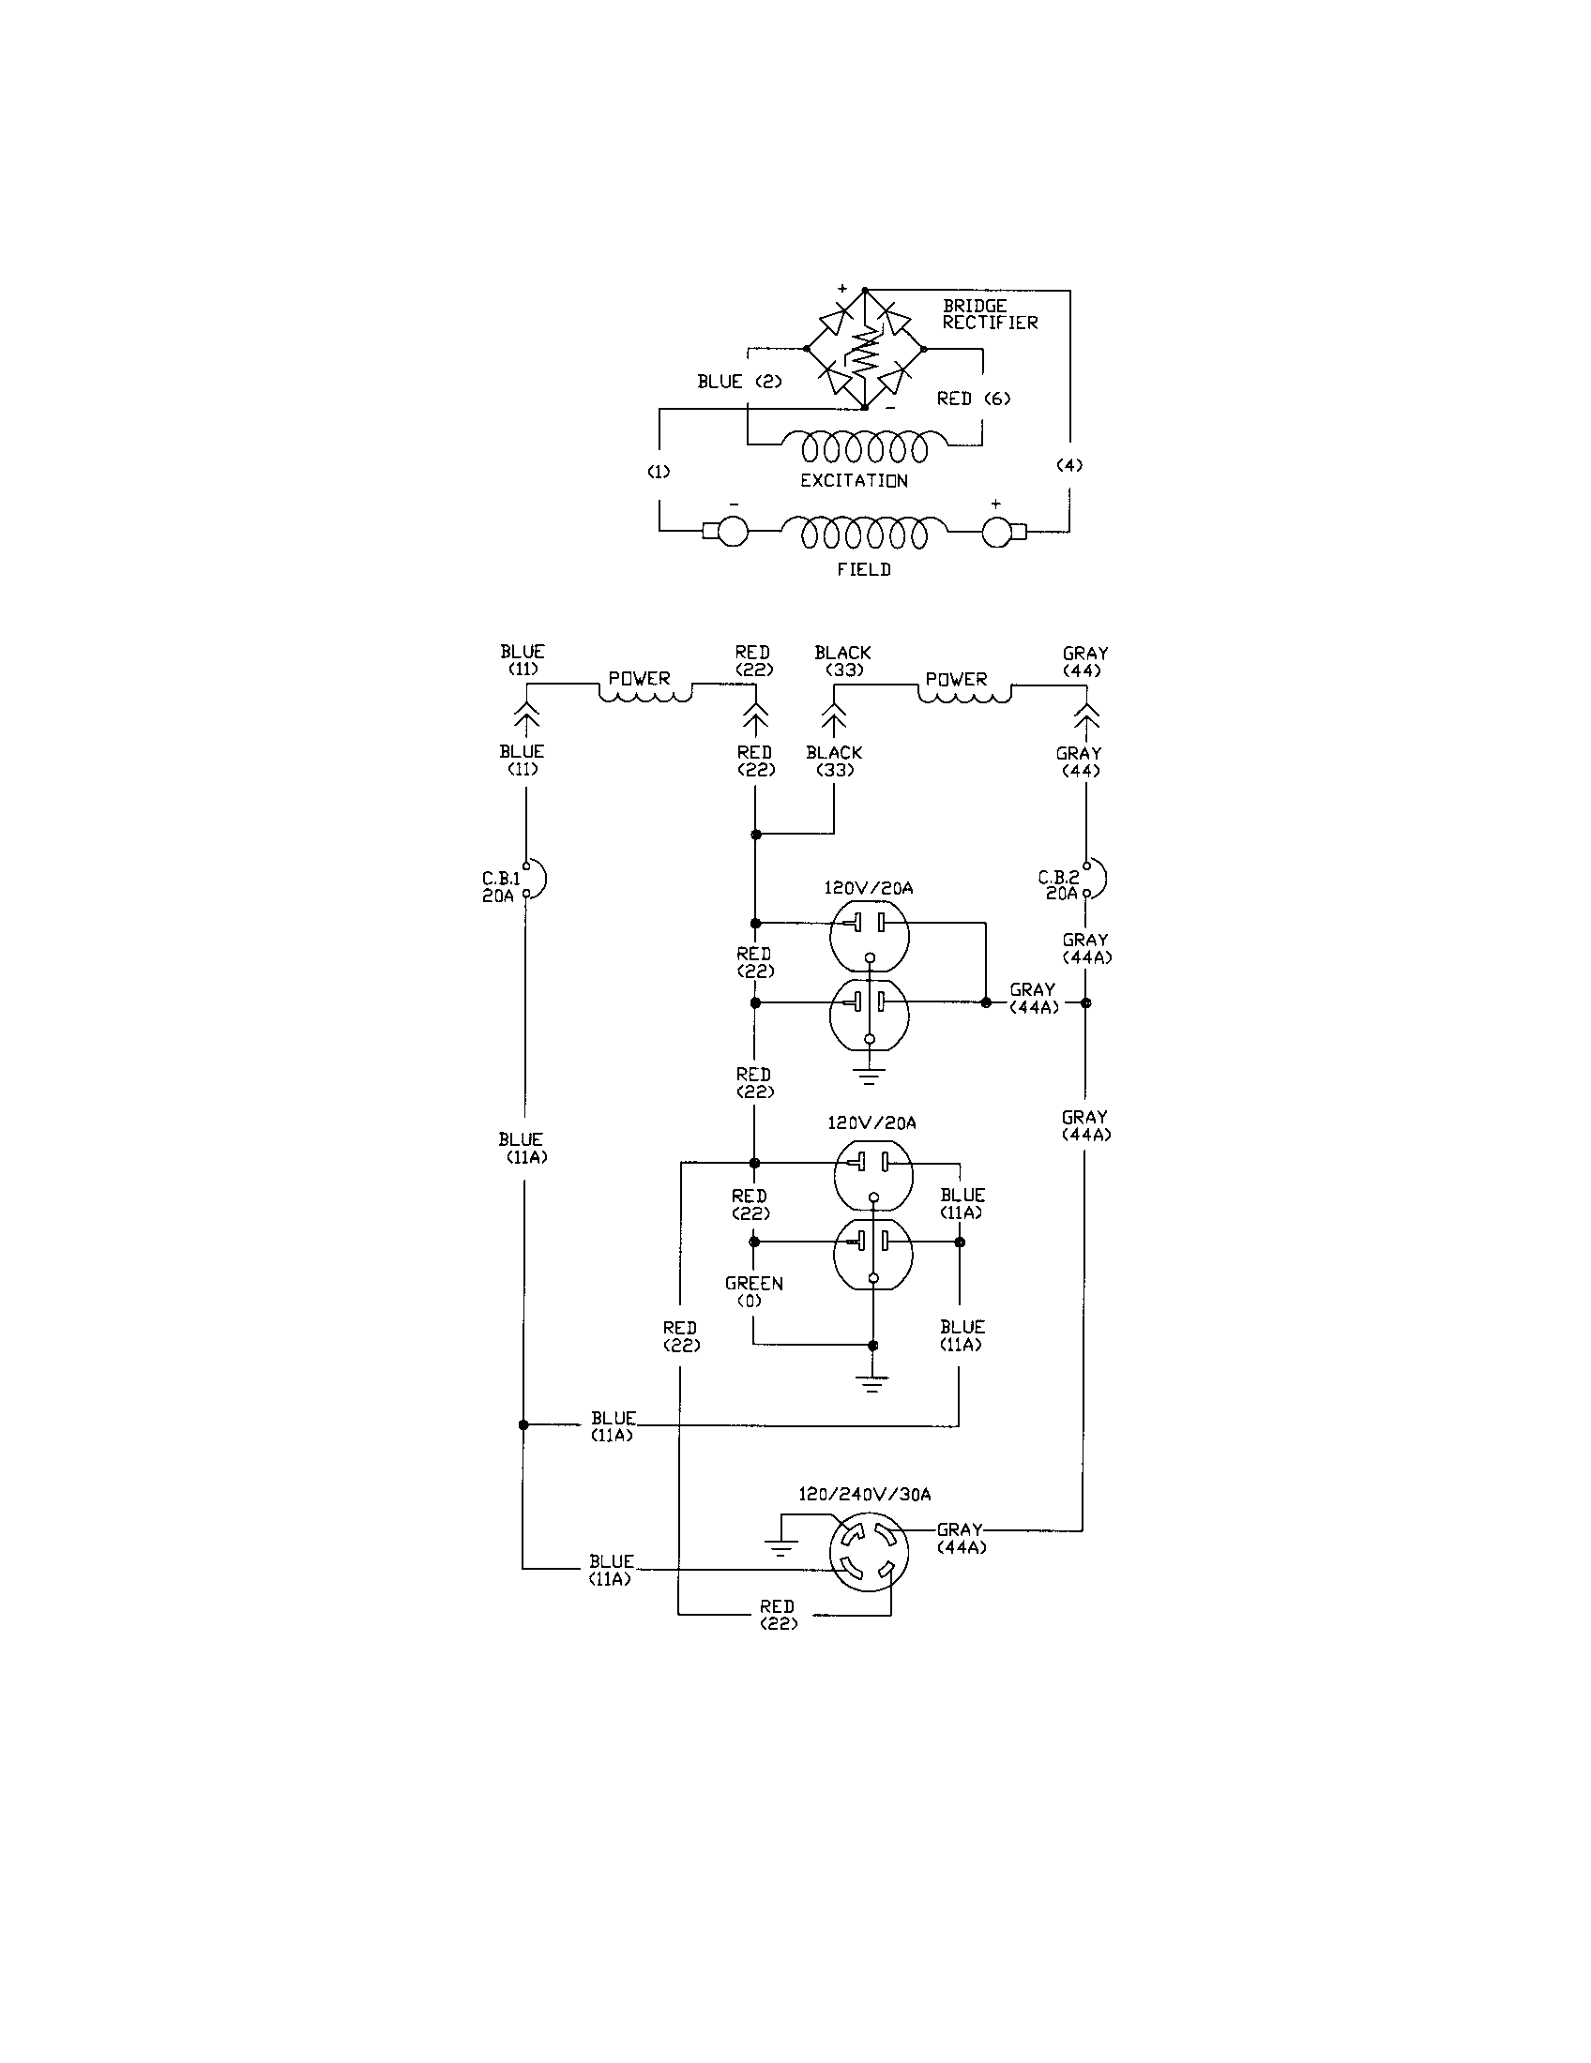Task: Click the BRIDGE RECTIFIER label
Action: [989, 314]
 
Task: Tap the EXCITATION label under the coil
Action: [853, 480]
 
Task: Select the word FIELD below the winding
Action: [863, 569]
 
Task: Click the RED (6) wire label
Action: [973, 399]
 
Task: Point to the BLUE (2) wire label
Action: [739, 382]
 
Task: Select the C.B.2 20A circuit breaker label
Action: [1060, 885]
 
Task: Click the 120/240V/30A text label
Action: [865, 1494]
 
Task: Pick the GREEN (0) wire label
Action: [753, 1291]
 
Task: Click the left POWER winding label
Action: [639, 678]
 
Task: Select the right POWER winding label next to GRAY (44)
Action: [955, 679]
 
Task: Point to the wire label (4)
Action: [1068, 465]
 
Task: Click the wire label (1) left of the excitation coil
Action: [659, 472]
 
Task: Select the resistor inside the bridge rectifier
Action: [865, 351]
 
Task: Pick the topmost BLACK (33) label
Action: [841, 661]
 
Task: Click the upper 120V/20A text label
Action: [868, 888]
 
